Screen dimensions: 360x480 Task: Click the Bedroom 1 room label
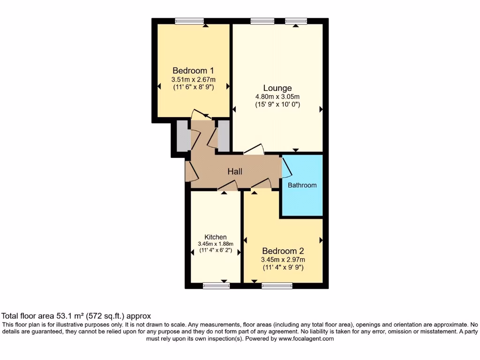(x=193, y=70)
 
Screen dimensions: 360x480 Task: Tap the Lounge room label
(x=277, y=88)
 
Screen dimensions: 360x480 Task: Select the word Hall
(x=235, y=172)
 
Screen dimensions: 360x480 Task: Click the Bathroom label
(x=302, y=185)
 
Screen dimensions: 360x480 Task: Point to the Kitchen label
(x=216, y=237)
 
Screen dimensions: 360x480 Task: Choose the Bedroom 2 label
(x=283, y=251)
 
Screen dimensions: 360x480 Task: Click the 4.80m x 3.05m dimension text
(x=277, y=97)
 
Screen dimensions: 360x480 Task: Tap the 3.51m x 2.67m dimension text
(x=193, y=79)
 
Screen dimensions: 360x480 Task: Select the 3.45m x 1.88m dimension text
(x=216, y=244)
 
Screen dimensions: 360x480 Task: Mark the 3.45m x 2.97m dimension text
(x=283, y=260)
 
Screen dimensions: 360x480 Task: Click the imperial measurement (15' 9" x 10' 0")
(x=277, y=105)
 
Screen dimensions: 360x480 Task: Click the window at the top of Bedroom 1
(x=189, y=21)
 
